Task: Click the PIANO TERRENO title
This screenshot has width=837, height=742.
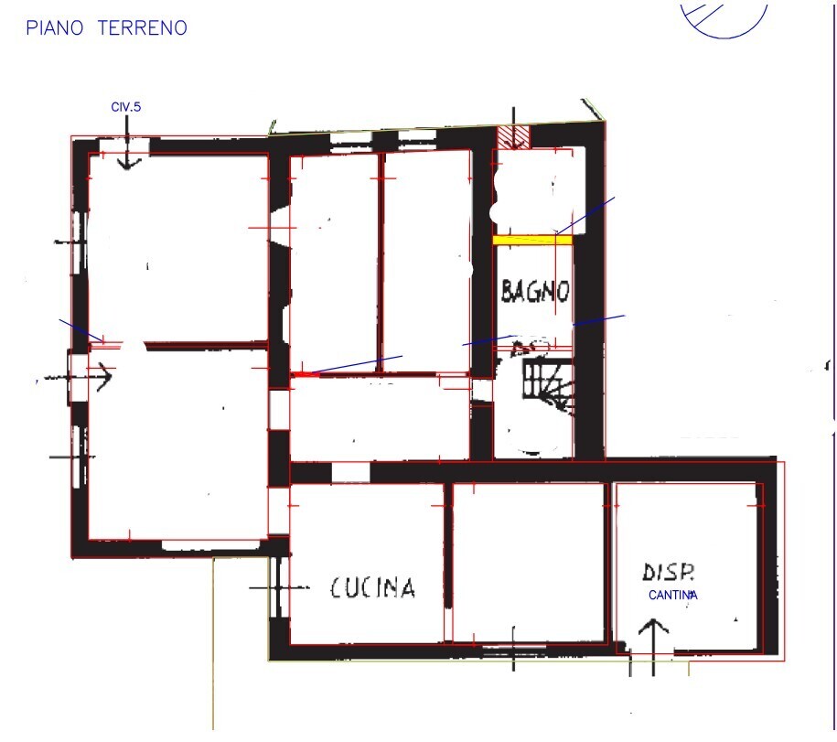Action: (106, 28)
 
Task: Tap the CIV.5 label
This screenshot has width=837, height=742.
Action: (126, 108)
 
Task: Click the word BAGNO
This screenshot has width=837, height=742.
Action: (535, 292)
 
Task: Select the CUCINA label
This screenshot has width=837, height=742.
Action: (372, 587)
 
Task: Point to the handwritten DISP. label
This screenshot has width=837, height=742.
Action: (669, 573)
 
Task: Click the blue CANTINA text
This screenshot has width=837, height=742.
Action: (674, 595)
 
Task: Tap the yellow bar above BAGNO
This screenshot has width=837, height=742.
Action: (532, 240)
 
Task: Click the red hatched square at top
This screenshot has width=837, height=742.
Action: (515, 137)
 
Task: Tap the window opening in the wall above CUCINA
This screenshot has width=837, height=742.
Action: (349, 472)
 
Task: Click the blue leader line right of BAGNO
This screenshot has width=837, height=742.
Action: (598, 320)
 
